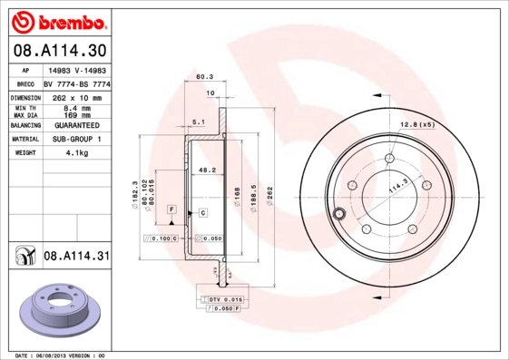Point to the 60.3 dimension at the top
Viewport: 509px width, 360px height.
point(204,78)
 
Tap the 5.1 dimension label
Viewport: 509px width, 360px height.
point(199,121)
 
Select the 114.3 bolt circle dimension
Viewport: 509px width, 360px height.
point(395,188)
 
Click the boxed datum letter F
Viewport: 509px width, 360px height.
point(170,209)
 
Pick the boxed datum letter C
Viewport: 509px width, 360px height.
point(203,212)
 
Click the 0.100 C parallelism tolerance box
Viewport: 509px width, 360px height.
point(164,238)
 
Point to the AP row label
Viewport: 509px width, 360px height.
point(24,69)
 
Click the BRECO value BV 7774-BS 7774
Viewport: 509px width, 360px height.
point(75,82)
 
